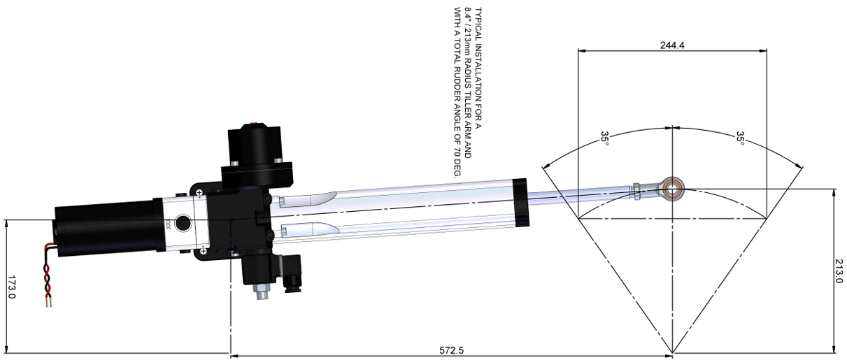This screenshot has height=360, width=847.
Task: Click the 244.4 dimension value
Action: click(x=672, y=45)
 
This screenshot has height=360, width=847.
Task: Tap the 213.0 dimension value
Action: click(x=839, y=271)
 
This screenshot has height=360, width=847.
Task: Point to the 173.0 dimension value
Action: click(x=11, y=287)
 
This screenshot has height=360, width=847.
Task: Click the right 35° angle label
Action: click(x=740, y=138)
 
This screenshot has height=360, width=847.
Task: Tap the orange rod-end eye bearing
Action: click(x=673, y=188)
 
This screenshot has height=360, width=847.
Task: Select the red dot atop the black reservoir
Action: click(x=254, y=123)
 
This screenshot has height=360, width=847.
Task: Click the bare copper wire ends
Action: click(x=48, y=302)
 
